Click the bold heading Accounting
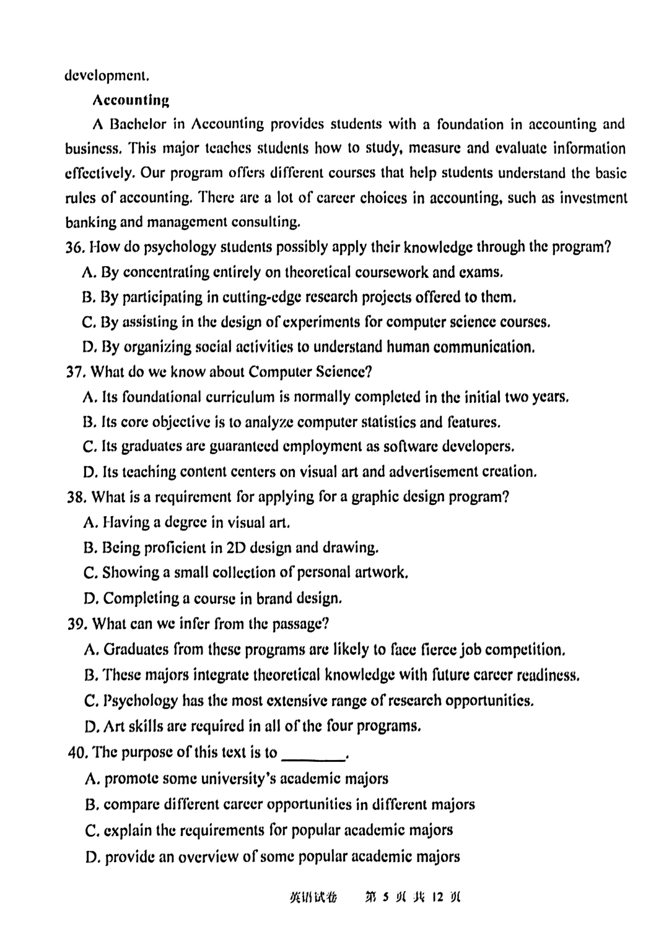tap(131, 100)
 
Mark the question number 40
tap(77, 753)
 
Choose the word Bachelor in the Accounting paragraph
tap(138, 124)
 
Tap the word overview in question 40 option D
tap(212, 857)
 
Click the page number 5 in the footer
tap(385, 896)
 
